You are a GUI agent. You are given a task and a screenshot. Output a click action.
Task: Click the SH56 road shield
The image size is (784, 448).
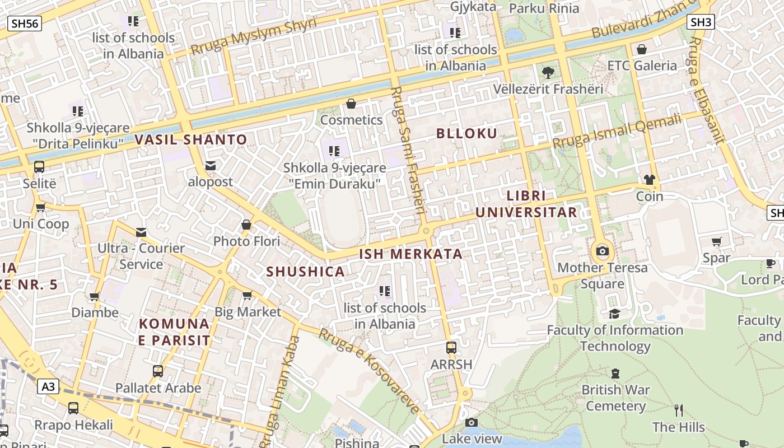click(25, 23)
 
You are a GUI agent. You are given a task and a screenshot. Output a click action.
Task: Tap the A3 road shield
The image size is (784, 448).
click(49, 386)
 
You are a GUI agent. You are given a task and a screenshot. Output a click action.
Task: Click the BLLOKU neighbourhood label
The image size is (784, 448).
click(466, 133)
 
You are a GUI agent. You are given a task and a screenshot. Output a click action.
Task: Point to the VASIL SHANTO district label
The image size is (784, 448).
click(190, 140)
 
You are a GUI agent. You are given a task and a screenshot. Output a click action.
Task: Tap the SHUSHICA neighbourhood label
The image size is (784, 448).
click(305, 272)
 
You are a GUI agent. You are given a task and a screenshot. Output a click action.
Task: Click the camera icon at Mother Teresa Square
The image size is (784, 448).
click(603, 251)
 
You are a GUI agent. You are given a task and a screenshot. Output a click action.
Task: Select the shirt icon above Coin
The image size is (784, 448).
click(649, 180)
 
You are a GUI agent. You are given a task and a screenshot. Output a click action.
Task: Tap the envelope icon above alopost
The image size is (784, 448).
click(211, 166)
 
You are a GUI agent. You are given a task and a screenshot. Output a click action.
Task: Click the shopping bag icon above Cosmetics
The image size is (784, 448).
click(351, 104)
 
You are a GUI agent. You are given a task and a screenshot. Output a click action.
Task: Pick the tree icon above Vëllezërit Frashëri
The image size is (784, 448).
click(548, 72)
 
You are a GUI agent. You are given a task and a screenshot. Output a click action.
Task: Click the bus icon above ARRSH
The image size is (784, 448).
click(451, 348)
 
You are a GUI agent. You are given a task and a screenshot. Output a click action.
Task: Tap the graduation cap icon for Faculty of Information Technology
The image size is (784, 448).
click(615, 314)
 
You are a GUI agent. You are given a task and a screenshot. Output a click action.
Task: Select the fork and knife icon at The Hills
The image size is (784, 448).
click(679, 410)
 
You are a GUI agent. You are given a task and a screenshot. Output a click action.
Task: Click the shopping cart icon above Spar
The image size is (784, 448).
click(716, 242)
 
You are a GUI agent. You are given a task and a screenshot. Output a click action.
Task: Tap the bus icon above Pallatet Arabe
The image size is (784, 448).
click(158, 371)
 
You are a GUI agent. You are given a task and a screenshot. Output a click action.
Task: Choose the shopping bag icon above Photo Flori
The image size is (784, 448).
click(246, 225)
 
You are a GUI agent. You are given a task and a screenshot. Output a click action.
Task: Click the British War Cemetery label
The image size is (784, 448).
click(615, 398)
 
